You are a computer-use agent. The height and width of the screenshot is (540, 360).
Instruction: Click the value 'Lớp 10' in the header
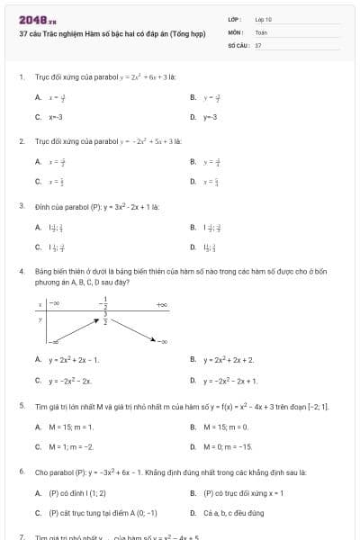coord(263,18)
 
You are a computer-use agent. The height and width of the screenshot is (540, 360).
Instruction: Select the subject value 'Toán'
coord(260,31)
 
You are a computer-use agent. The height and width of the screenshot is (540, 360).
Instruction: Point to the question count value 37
coord(258,44)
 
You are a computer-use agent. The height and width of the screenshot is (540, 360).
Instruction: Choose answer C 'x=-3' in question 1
coord(55,117)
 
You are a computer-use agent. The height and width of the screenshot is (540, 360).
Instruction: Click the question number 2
coord(21,141)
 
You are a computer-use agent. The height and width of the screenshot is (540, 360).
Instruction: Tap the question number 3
coord(21,206)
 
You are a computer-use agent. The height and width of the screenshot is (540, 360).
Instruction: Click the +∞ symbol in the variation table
coord(162,306)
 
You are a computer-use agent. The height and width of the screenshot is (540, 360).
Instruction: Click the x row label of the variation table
coord(40,306)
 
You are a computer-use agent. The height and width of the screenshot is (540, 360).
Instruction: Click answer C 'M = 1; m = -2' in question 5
coord(70,446)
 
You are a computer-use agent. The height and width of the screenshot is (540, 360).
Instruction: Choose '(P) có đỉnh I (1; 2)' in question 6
coord(76,493)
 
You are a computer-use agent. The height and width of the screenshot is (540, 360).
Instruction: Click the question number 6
coord(21,472)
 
